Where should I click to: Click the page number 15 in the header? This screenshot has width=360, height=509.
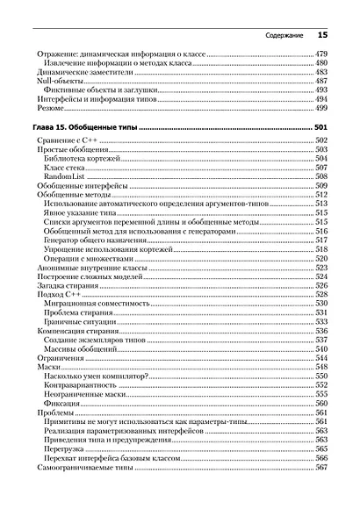point(321,35)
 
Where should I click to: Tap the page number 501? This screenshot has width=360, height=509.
point(321,127)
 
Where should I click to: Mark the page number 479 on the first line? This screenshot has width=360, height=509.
point(321,54)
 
